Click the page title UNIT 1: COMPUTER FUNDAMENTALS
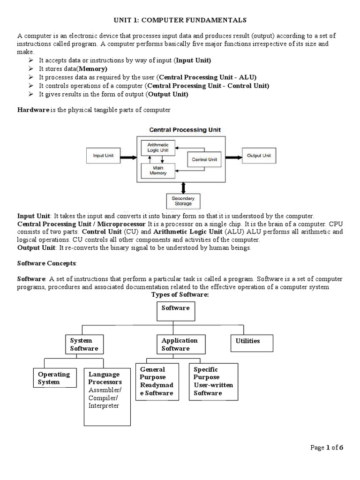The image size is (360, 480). [x=180, y=20]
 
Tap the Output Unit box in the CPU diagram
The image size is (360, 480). [x=259, y=156]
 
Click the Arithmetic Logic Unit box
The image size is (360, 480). [x=158, y=148]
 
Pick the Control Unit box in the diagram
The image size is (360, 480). [x=205, y=160]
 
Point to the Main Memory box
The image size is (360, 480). [x=158, y=170]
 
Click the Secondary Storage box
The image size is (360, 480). [x=183, y=201]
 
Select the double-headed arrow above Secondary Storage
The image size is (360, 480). [x=183, y=187]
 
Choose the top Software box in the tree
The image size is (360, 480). [x=175, y=311]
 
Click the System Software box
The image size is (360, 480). [x=84, y=345]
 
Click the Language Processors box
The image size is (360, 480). [x=106, y=397]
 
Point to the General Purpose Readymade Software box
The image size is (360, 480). [x=157, y=382]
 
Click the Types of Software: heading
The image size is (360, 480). [x=180, y=294]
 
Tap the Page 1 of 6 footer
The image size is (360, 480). [x=327, y=448]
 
